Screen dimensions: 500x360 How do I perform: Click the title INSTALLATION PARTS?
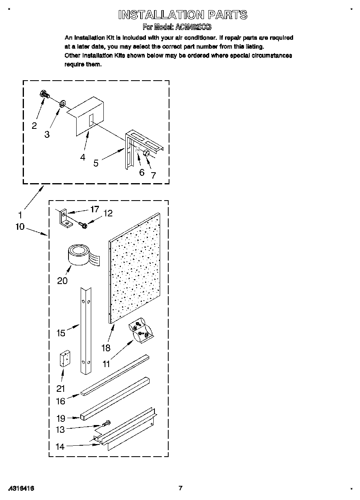(x=182, y=15)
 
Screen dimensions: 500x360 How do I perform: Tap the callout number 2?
(x=34, y=126)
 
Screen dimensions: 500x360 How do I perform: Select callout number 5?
(x=96, y=163)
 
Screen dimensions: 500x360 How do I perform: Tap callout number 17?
(x=94, y=209)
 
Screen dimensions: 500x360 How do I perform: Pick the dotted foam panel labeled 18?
(x=135, y=267)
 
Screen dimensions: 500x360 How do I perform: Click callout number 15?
(x=61, y=333)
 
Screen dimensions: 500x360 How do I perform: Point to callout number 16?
(x=60, y=401)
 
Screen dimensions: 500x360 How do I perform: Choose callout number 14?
(x=60, y=447)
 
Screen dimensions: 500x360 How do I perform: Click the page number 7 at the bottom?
(x=181, y=488)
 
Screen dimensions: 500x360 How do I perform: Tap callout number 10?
(x=20, y=226)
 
